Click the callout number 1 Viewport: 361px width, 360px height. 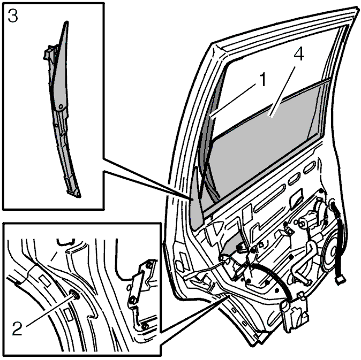[x=261, y=79]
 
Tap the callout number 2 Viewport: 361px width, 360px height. [x=17, y=328]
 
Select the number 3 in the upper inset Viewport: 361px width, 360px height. [x=13, y=16]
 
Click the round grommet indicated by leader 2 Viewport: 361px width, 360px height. [x=74, y=295]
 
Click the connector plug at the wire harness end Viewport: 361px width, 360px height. [x=341, y=280]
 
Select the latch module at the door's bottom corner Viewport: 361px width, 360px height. [x=295, y=313]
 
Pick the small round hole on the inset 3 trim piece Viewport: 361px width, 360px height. [x=61, y=106]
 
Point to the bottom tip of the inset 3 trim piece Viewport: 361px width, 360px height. [x=79, y=196]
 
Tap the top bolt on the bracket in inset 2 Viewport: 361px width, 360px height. [x=149, y=265]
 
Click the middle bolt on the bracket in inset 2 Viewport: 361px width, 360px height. [x=133, y=300]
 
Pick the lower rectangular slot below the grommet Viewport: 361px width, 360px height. [x=69, y=315]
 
